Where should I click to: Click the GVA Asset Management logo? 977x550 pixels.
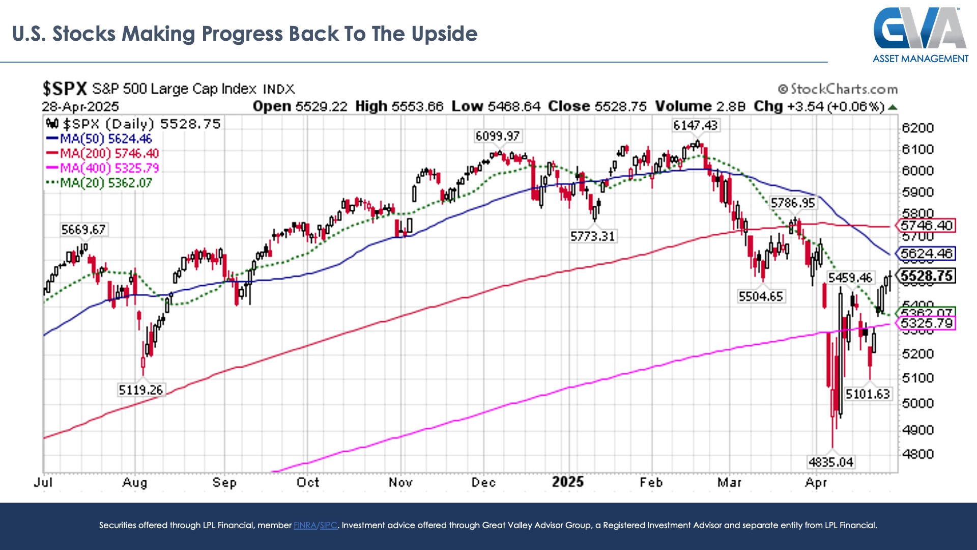pyautogui.click(x=921, y=35)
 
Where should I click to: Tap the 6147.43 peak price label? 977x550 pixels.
pyautogui.click(x=695, y=125)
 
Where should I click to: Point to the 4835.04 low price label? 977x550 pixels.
pyautogui.click(x=830, y=462)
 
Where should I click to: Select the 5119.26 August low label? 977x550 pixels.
pyautogui.click(x=140, y=390)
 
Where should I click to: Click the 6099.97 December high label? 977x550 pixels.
pyautogui.click(x=497, y=136)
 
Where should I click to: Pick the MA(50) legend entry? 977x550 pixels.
pyautogui.click(x=99, y=139)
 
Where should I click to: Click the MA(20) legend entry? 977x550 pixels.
pyautogui.click(x=99, y=183)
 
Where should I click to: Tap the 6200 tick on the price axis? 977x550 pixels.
pyautogui.click(x=917, y=128)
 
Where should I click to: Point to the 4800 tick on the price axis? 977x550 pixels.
pyautogui.click(x=917, y=454)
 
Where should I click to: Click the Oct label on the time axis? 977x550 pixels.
pyautogui.click(x=308, y=482)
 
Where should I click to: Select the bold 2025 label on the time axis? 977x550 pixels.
pyautogui.click(x=568, y=482)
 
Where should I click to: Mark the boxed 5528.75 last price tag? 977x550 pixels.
pyautogui.click(x=926, y=276)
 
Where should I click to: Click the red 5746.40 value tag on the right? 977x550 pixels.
pyautogui.click(x=926, y=226)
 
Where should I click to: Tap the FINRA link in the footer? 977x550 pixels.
pyautogui.click(x=305, y=525)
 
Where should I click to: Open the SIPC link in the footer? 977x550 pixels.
pyautogui.click(x=329, y=525)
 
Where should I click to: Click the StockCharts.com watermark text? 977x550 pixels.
pyautogui.click(x=838, y=89)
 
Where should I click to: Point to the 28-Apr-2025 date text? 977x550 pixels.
pyautogui.click(x=80, y=106)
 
